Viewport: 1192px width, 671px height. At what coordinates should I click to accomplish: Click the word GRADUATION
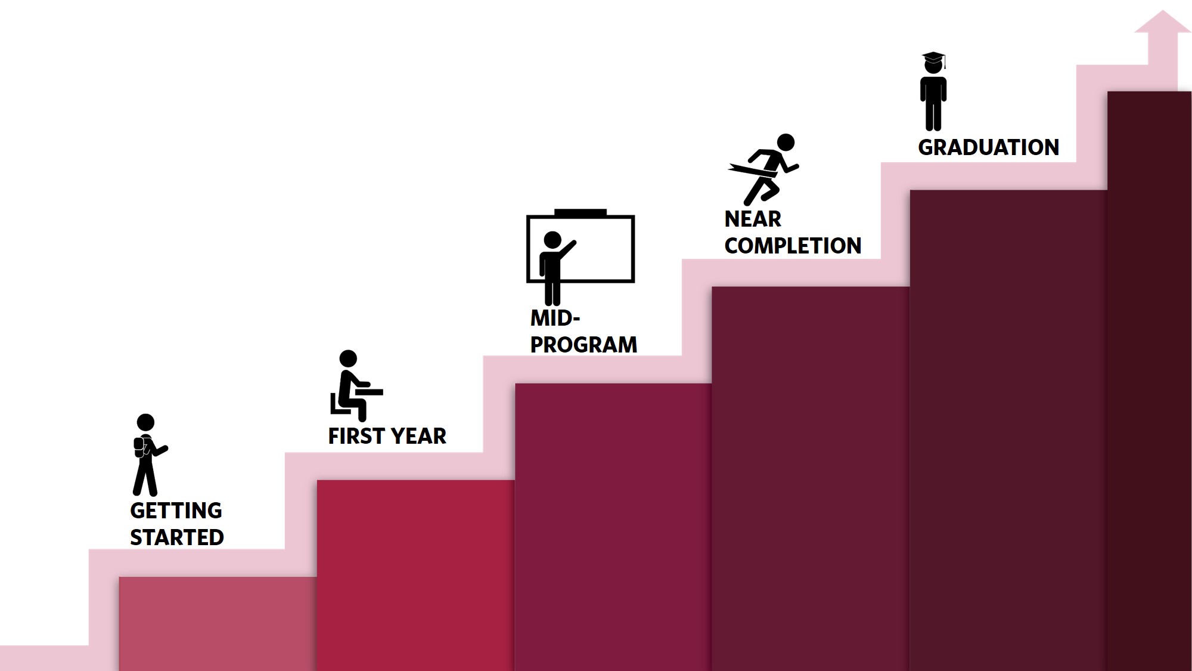(988, 147)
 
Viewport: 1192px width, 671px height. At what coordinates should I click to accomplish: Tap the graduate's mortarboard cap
(934, 58)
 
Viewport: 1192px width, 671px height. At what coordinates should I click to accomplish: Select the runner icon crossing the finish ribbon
(763, 169)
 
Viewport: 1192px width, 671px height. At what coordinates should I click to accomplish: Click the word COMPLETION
(793, 246)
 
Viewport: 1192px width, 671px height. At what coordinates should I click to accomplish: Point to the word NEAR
(752, 219)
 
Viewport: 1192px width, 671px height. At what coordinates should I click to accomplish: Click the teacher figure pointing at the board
(555, 268)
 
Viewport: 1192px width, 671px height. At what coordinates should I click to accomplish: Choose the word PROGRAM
(583, 345)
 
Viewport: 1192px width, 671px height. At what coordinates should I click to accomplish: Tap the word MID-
(555, 318)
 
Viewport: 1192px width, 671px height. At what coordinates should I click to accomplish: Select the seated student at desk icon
(356, 386)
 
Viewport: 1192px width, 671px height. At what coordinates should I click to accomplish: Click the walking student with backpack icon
(150, 454)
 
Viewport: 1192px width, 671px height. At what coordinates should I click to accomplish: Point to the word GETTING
(176, 511)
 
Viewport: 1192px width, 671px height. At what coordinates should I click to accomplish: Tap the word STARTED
(177, 537)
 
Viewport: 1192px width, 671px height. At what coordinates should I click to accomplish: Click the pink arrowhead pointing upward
(1162, 21)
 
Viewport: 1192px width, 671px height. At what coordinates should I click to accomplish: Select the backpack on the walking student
(139, 447)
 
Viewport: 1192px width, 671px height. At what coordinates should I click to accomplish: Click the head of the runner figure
(786, 142)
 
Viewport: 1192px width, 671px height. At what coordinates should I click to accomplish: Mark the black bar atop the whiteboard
(580, 212)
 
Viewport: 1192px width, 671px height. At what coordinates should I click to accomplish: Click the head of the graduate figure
(933, 65)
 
